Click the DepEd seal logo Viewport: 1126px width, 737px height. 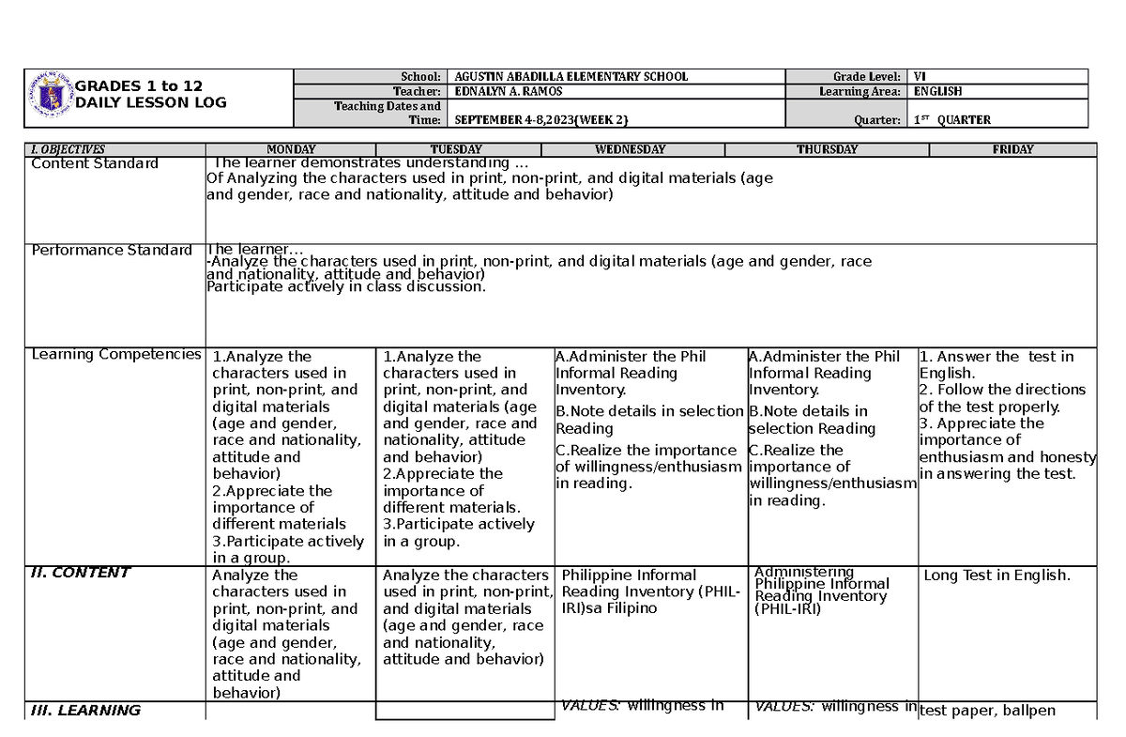tap(50, 98)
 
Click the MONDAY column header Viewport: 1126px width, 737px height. tap(291, 149)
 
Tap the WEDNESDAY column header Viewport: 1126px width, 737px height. tap(630, 149)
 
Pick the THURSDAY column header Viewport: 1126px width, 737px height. tap(827, 149)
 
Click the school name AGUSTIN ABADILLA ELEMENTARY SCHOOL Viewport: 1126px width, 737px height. tap(571, 77)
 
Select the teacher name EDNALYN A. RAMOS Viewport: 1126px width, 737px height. tap(512, 92)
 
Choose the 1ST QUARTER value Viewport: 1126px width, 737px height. tap(951, 120)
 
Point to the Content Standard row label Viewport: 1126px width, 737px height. tap(95, 163)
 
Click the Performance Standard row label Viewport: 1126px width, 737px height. tap(112, 250)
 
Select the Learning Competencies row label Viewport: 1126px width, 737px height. tap(115, 354)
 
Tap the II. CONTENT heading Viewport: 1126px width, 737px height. tap(81, 573)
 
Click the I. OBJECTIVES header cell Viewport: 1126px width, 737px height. tap(68, 149)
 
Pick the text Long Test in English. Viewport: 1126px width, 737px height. tap(997, 576)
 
